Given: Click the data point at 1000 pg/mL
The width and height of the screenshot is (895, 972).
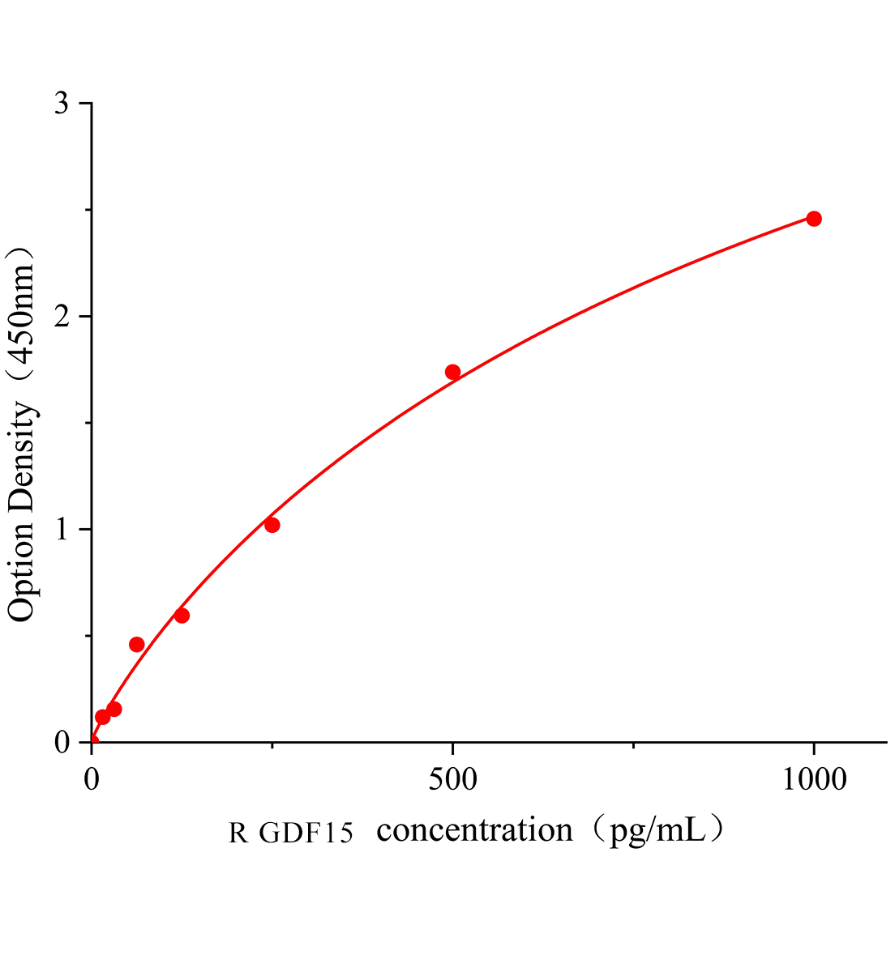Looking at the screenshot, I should [x=813, y=219].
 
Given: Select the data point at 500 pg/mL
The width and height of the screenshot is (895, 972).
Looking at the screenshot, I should [x=452, y=372].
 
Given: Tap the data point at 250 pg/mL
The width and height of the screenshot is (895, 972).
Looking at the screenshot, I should [x=272, y=525].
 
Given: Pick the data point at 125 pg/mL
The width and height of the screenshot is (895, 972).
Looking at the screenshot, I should [x=182, y=616].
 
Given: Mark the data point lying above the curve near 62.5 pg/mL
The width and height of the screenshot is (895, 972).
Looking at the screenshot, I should [x=137, y=644].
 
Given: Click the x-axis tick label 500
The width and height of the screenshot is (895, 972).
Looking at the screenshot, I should [x=452, y=779].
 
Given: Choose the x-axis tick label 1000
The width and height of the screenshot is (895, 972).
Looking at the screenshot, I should [x=813, y=779].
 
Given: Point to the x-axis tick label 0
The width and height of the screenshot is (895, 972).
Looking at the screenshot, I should [x=92, y=779].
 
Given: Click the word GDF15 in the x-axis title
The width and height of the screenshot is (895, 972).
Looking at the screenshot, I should [x=306, y=833].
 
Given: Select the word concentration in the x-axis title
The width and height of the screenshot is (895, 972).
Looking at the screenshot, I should [x=475, y=830].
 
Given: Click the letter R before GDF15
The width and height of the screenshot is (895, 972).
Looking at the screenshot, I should [x=238, y=833].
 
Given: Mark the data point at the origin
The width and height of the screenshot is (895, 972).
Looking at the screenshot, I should [x=92, y=741].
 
